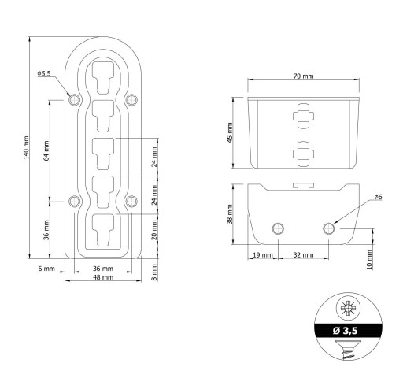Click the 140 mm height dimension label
point(26,147)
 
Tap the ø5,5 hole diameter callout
point(44,73)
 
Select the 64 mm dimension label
point(46,150)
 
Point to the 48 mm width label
point(103,277)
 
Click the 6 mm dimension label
point(46,269)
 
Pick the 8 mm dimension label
point(154,272)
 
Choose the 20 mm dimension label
point(154,230)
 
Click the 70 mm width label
point(303,76)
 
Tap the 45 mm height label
point(230,132)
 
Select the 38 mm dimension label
point(230,214)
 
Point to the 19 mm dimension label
point(263,255)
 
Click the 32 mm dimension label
point(303,255)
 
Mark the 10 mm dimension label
point(369,260)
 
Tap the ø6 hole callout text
point(379,197)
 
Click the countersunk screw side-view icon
point(348,350)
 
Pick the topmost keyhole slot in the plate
point(103,78)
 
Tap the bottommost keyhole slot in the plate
point(103,230)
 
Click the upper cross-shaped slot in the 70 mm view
point(303,116)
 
